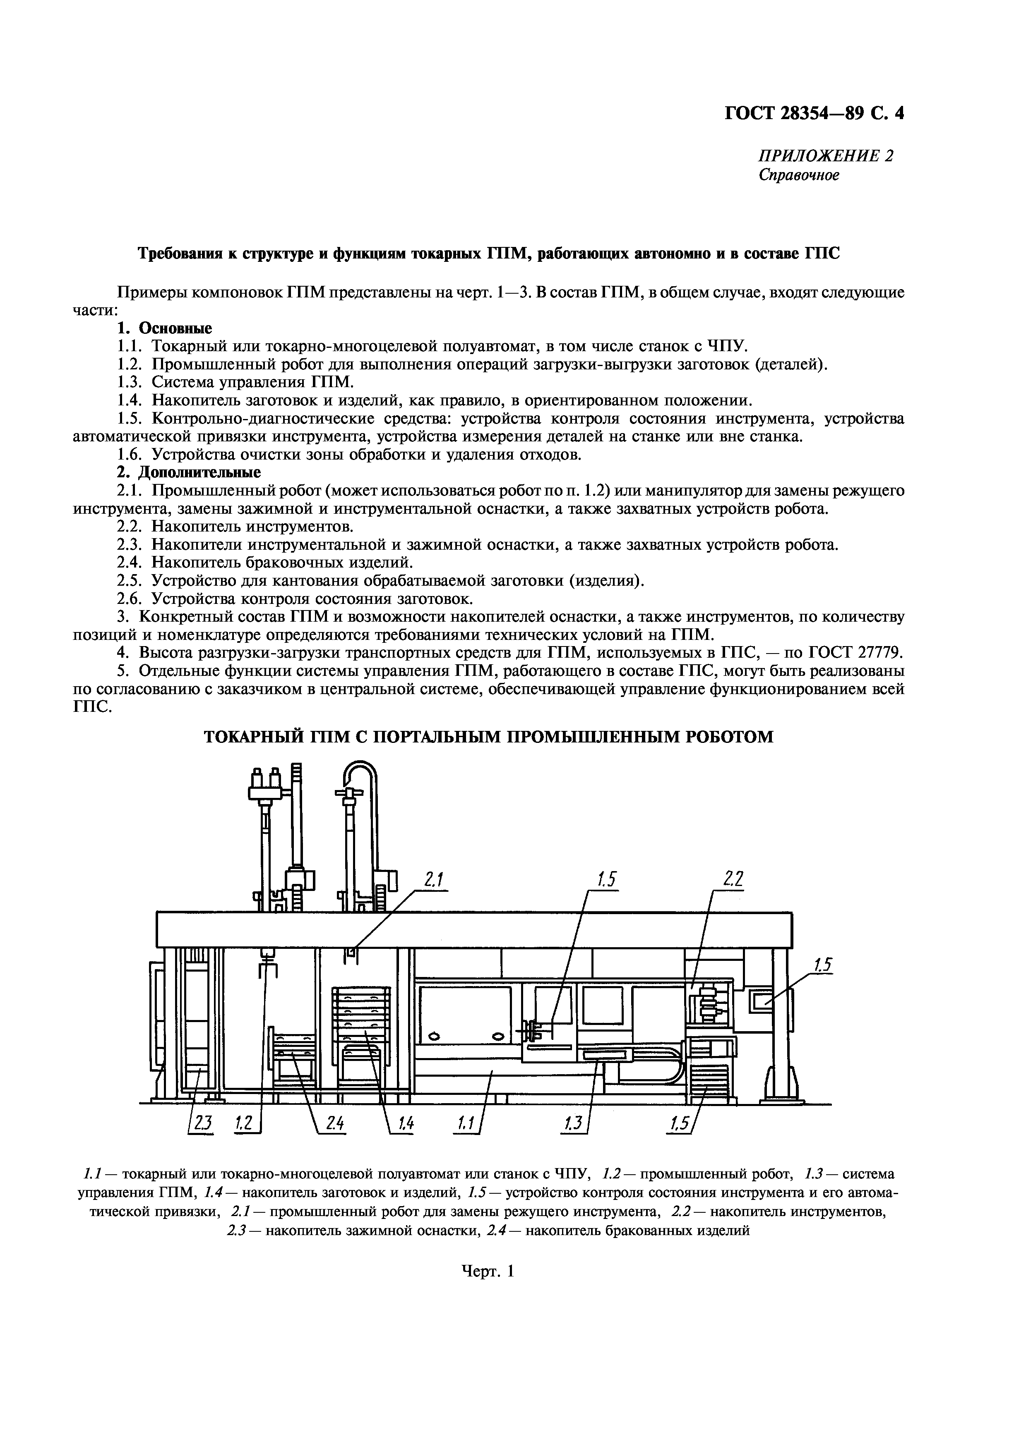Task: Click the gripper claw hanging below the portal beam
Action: coord(269,967)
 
